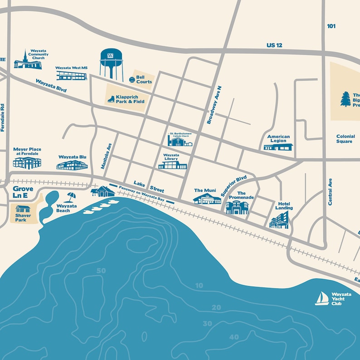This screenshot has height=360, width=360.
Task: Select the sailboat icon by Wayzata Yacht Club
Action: click(x=322, y=298)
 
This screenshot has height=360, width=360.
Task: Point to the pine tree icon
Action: click(x=345, y=99)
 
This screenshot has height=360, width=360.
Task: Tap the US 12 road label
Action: click(x=274, y=45)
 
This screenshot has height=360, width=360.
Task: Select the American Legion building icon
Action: click(x=278, y=147)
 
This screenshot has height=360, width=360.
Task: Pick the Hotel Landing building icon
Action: click(x=279, y=220)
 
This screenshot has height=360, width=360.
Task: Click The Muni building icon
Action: click(x=207, y=199)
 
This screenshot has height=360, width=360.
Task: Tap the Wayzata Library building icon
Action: click(x=172, y=165)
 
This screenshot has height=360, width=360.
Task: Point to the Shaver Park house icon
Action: click(x=23, y=209)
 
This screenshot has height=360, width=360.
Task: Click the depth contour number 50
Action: click(x=101, y=271)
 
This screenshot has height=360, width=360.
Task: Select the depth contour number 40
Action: click(x=234, y=337)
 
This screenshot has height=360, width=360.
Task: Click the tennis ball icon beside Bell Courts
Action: click(x=131, y=79)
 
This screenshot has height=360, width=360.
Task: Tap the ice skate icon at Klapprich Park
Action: click(x=111, y=99)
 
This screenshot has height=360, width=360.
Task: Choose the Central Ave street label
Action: click(x=330, y=192)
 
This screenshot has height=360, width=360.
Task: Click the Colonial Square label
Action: click(x=344, y=139)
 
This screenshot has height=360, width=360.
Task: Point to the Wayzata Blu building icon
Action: click(x=72, y=165)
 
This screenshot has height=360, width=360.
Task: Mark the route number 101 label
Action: click(x=331, y=26)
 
